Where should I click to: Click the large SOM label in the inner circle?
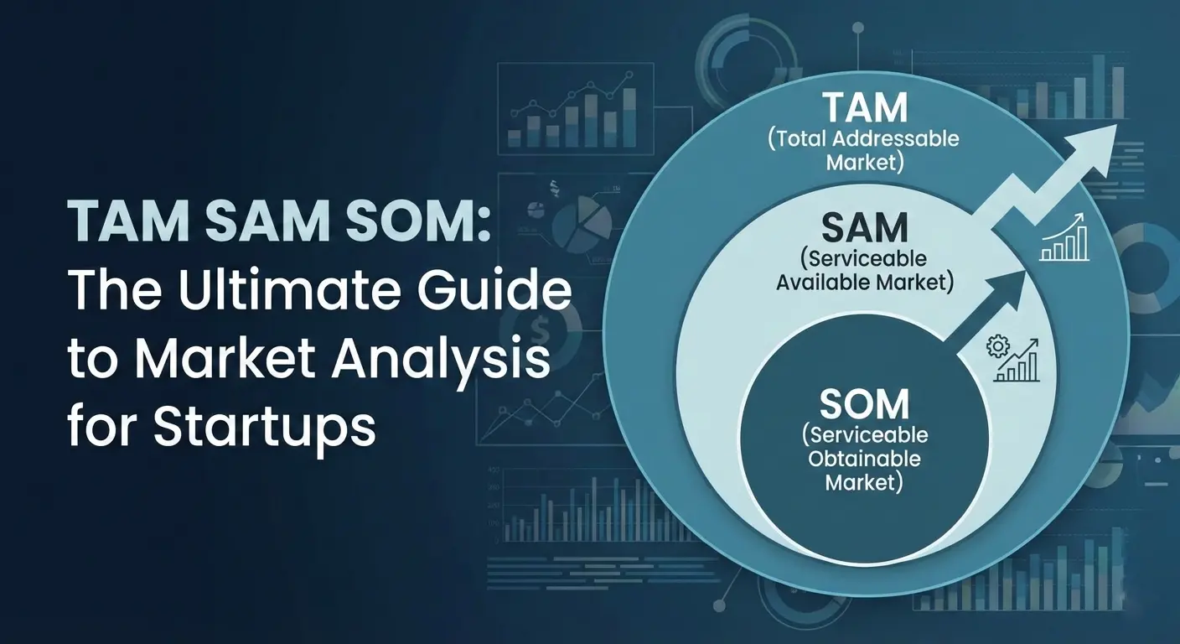863,405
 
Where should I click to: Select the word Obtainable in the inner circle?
864,459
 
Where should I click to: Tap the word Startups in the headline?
265,427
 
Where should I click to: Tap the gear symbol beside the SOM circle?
997,346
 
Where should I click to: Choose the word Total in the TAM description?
803,138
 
